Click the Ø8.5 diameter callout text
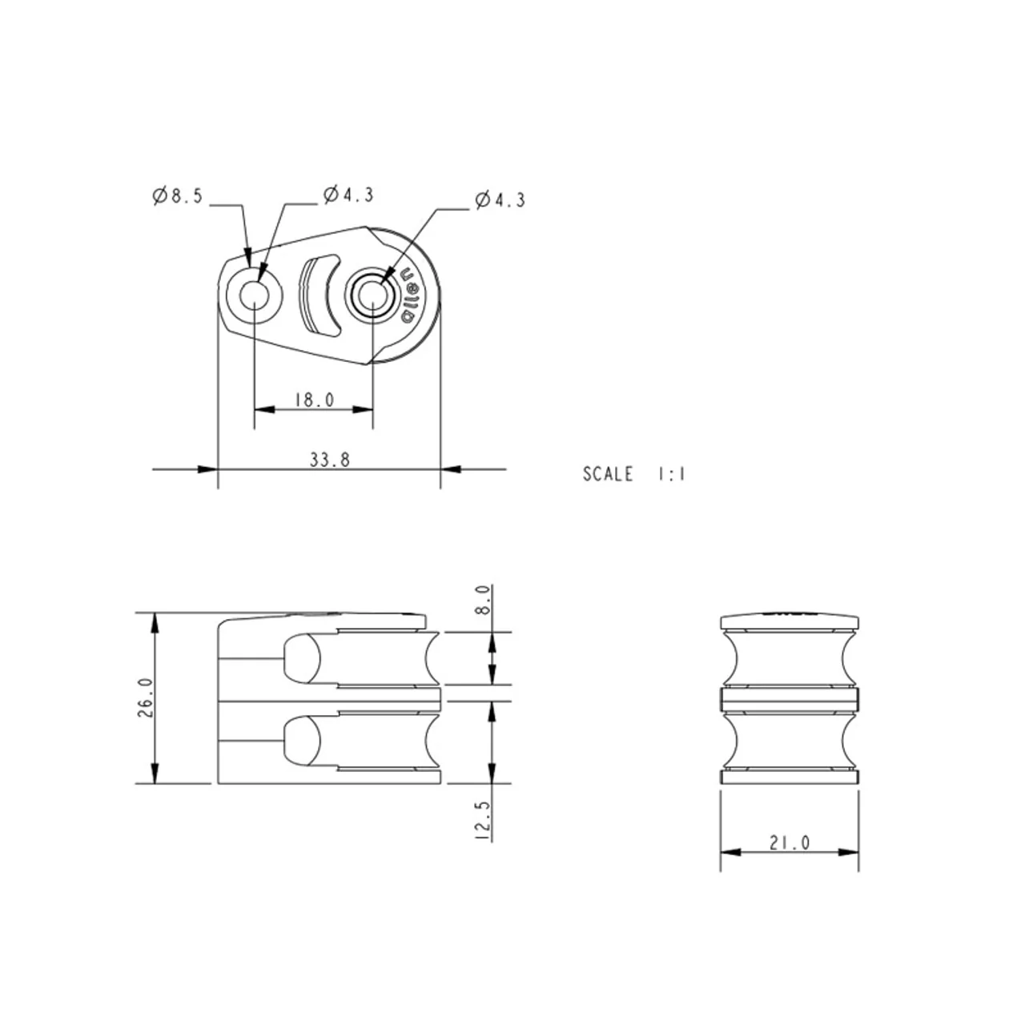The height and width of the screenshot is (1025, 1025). click(x=177, y=195)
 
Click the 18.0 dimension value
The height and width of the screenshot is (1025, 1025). click(x=315, y=400)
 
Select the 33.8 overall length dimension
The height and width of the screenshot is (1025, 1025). click(x=330, y=460)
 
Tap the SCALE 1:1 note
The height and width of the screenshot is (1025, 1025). click(x=634, y=474)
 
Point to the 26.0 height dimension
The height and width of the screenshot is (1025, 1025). click(x=146, y=697)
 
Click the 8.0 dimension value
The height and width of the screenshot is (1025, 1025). click(x=482, y=600)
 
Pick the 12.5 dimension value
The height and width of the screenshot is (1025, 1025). click(x=482, y=821)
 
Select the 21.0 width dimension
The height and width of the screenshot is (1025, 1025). click(x=790, y=842)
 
